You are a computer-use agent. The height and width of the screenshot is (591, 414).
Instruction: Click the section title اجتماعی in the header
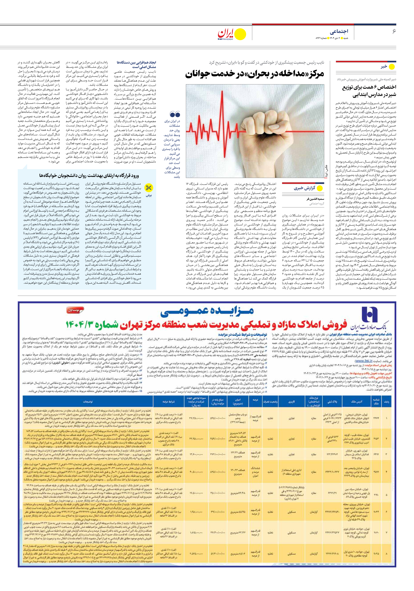[x=339, y=31]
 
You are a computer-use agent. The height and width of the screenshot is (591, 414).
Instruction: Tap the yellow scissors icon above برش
[x=149, y=188]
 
